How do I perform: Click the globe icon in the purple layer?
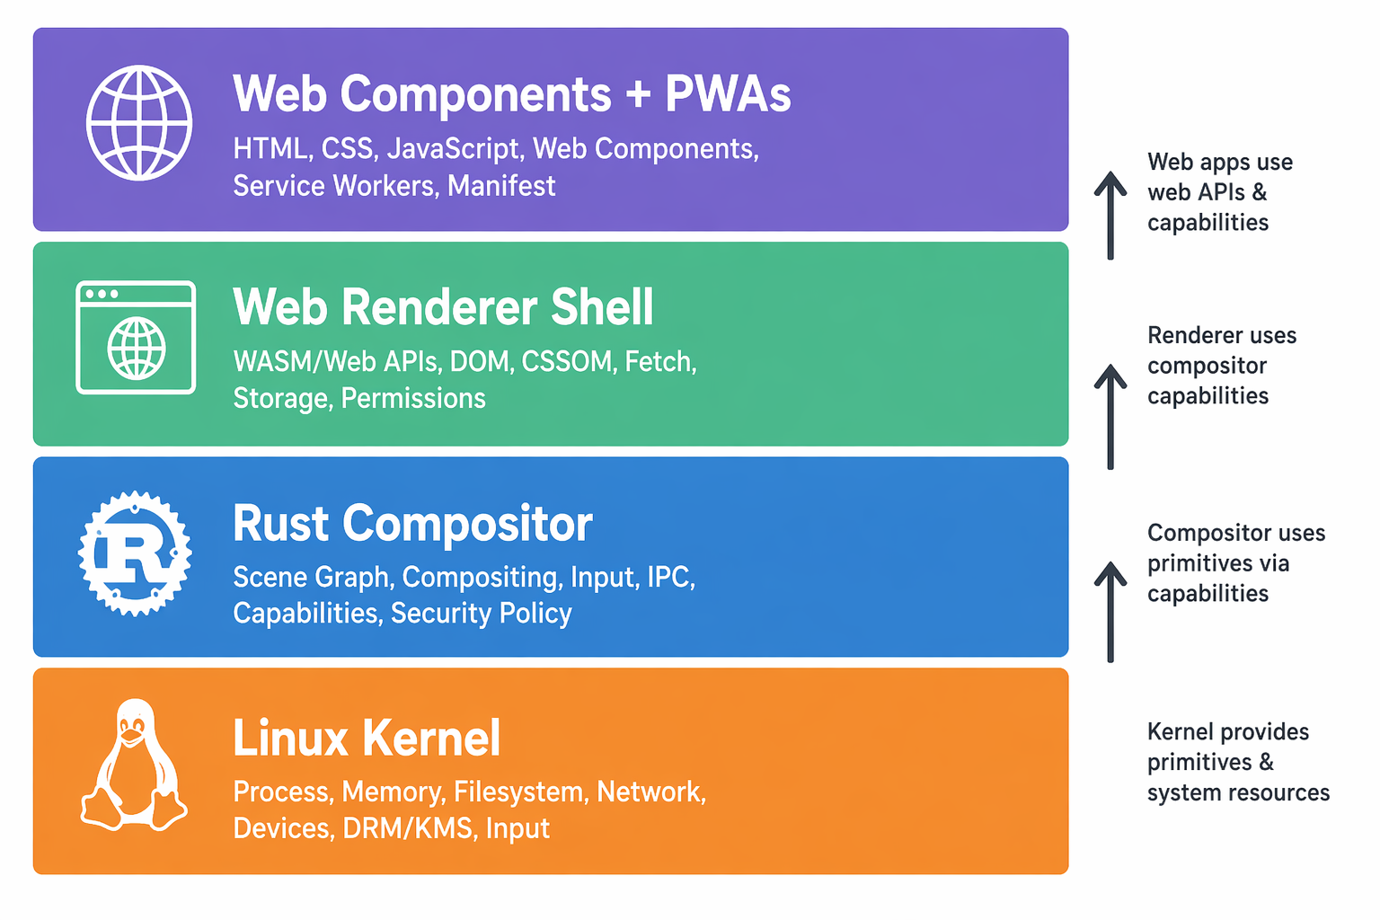pyautogui.click(x=139, y=123)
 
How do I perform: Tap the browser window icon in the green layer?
pyautogui.click(x=136, y=338)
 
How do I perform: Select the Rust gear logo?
pyautogui.click(x=135, y=553)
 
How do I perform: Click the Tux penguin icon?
pyautogui.click(x=134, y=765)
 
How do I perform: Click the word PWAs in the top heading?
pyautogui.click(x=728, y=94)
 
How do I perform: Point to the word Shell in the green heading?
pyautogui.click(x=602, y=308)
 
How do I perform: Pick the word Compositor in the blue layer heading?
pyautogui.click(x=467, y=524)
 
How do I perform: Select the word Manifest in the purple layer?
pyautogui.click(x=501, y=186)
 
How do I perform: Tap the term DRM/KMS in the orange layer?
pyautogui.click(x=408, y=828)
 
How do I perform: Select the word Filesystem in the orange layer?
pyautogui.click(x=520, y=792)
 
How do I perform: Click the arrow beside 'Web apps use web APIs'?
pyautogui.click(x=1110, y=216)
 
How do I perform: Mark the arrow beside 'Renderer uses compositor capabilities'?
pyautogui.click(x=1110, y=416)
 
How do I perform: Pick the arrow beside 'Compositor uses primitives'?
pyautogui.click(x=1110, y=612)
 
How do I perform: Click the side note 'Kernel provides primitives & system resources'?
pyautogui.click(x=1237, y=762)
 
